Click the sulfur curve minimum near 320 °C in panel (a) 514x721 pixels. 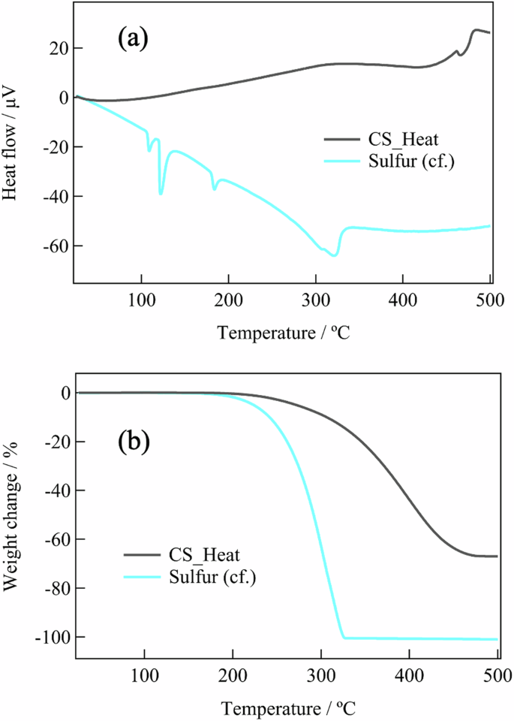click(335, 255)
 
